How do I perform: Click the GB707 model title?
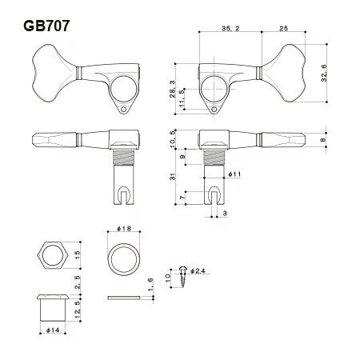46,26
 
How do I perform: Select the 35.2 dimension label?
230,28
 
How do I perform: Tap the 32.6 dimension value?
324,73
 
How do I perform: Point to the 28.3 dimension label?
173,89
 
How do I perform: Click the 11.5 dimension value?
182,98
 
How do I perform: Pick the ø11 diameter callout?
234,174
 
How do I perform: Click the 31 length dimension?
173,177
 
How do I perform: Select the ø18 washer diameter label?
124,228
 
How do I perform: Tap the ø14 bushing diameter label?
53,330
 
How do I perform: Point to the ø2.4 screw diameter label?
198,271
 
